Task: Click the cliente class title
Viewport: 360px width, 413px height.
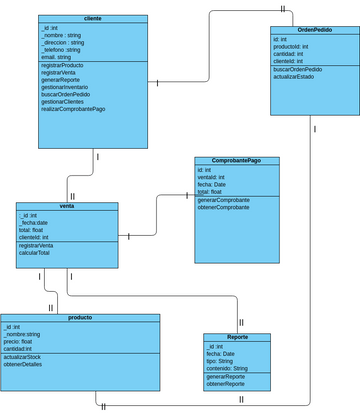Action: [x=94, y=18]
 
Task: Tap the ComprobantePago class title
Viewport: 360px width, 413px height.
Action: [x=236, y=161]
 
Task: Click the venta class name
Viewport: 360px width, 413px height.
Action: [x=67, y=206]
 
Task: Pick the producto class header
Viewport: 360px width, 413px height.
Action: [x=80, y=317]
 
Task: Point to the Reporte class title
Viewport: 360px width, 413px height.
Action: [x=237, y=337]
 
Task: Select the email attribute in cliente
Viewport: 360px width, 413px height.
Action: [x=56, y=58]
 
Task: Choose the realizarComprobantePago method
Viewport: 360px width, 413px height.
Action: [x=73, y=109]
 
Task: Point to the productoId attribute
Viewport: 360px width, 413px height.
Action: [x=291, y=47]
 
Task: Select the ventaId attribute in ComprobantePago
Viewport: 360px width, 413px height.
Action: [x=213, y=178]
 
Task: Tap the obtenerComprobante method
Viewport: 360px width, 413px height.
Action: [x=224, y=207]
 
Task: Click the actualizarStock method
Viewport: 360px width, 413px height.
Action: [x=23, y=356]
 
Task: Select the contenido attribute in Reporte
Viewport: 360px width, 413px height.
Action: [x=226, y=369]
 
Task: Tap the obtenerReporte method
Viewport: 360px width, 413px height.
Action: [x=226, y=384]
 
